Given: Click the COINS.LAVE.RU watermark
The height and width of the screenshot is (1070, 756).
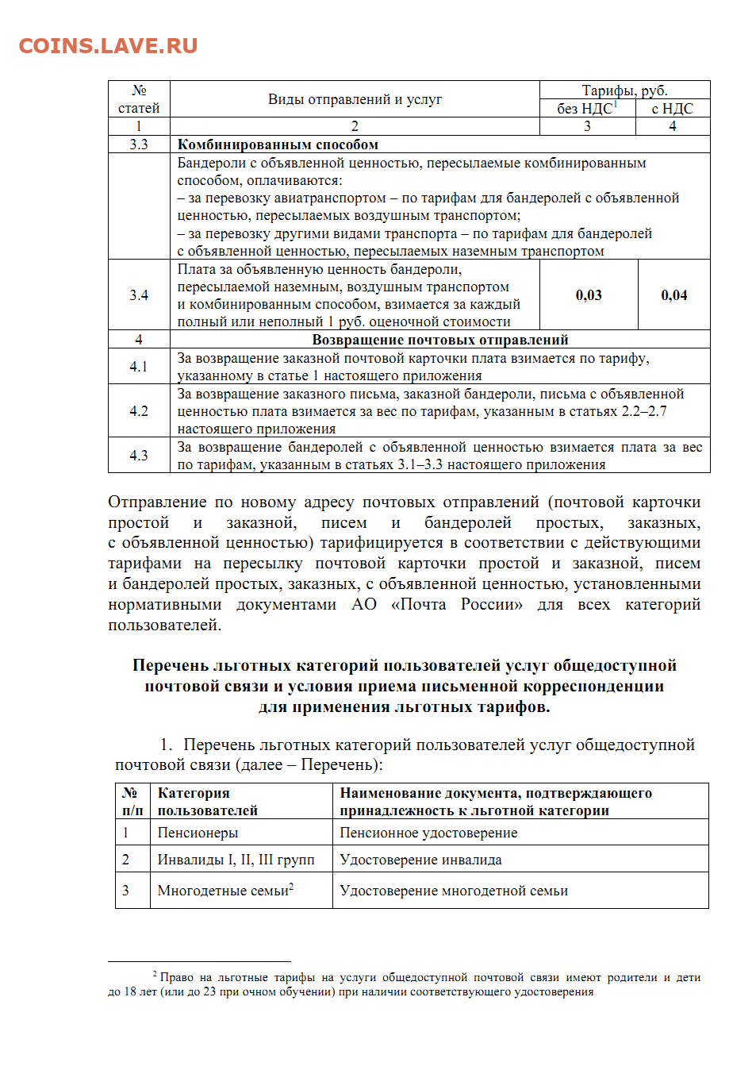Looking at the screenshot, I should [108, 46].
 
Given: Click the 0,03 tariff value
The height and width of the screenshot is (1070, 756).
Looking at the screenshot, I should [589, 295].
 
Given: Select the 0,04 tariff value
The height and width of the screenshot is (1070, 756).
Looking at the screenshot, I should [673, 295].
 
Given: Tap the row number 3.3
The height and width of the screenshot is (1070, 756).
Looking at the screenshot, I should [139, 144].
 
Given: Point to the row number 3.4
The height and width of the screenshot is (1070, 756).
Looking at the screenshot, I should [139, 295].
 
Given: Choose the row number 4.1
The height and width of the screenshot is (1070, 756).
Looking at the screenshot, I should [139, 367].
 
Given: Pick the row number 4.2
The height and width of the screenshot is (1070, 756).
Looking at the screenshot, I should [139, 411].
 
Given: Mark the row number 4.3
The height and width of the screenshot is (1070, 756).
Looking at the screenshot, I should [139, 456].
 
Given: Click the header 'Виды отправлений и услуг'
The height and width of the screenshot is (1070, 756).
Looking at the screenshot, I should [355, 99].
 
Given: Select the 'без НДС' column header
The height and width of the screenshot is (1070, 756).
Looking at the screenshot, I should [586, 109].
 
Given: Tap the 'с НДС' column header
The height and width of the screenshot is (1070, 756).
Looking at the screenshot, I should [672, 109].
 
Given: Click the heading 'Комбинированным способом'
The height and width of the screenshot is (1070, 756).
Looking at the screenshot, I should [278, 144].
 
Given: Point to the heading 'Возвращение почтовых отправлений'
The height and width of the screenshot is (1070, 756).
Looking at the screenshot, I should [440, 340].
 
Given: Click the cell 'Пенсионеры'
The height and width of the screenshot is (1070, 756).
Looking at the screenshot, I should [198, 833].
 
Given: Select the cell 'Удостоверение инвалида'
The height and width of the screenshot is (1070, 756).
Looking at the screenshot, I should [420, 860].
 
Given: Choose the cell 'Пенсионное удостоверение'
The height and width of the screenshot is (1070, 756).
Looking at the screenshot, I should [428, 833].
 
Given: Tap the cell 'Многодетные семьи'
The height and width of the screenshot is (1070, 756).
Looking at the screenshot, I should [224, 891].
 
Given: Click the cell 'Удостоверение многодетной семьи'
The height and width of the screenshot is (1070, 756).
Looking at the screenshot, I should [454, 891].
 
